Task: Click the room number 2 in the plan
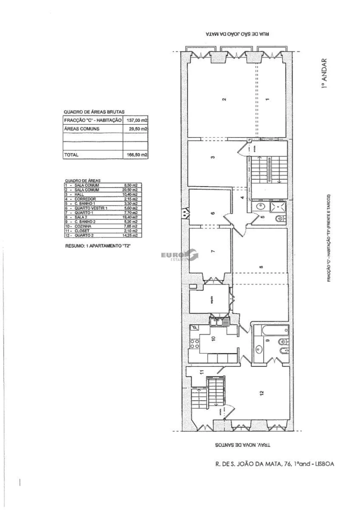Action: pyautogui.click(x=224, y=99)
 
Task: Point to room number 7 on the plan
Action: pyautogui.click(x=213, y=251)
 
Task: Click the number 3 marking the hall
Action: pyautogui.click(x=213, y=157)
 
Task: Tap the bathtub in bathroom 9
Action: pyautogui.click(x=274, y=330)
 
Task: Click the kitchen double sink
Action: pyautogui.click(x=220, y=321)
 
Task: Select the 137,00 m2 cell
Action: pyautogui.click(x=135, y=120)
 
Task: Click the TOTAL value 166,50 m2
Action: pyautogui.click(x=135, y=155)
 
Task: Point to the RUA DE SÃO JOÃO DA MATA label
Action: pyautogui.click(x=238, y=35)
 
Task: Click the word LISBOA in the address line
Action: pyautogui.click(x=322, y=464)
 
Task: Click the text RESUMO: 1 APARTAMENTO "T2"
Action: pyautogui.click(x=98, y=246)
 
